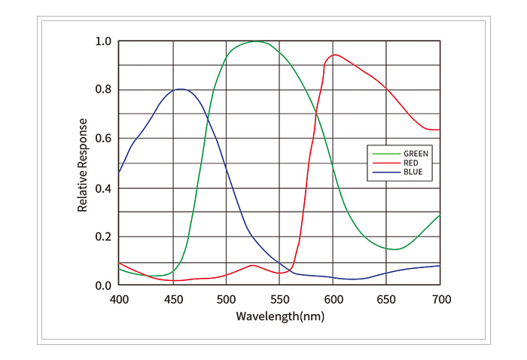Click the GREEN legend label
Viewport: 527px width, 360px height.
[x=416, y=153]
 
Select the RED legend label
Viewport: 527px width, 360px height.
[x=411, y=163]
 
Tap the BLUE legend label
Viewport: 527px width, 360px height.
[x=413, y=172]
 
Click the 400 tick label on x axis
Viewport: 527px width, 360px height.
[x=119, y=300]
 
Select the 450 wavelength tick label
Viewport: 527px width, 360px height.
[x=173, y=300]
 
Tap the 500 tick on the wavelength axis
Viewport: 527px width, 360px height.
[x=227, y=300]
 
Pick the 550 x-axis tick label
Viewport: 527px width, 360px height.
[x=280, y=300]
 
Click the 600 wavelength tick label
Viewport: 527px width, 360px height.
[x=334, y=300]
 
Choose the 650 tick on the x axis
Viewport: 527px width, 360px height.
[x=387, y=300]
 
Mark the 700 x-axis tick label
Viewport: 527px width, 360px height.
[x=441, y=300]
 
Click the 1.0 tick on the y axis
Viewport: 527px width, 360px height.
[x=104, y=41]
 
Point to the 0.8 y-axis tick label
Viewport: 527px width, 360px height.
[x=104, y=90]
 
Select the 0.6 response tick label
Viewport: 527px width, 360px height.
[x=104, y=139]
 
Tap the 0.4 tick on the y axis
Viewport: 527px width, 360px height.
[x=104, y=188]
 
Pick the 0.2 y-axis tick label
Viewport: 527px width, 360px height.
[x=104, y=236]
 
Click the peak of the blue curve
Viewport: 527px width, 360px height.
[x=181, y=89]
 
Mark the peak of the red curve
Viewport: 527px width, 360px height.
[x=335, y=54]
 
